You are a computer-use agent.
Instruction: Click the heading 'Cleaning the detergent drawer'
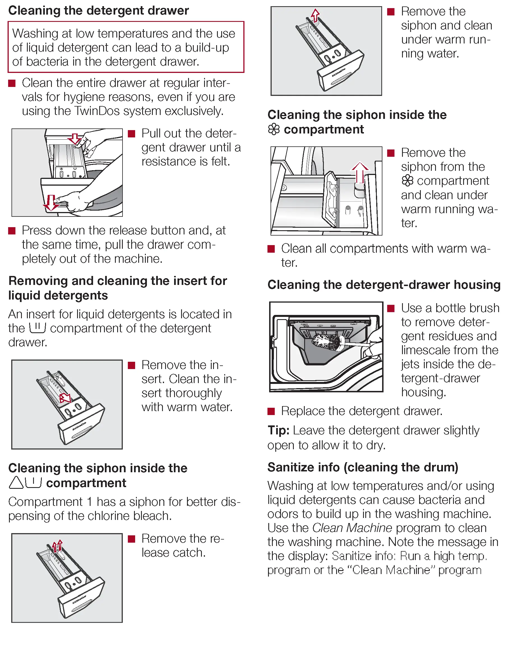pos(98,11)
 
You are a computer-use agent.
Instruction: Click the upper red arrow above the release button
pos(75,138)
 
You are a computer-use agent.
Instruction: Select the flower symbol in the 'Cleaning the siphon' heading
pos(274,129)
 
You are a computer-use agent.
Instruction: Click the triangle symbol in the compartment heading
pos(16,483)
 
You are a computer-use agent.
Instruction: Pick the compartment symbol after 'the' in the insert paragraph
pos(38,328)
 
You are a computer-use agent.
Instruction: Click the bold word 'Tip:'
pos(278,430)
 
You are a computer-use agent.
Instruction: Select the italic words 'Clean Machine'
pos(352,528)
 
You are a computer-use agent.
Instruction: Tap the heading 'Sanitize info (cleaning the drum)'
pos(362,467)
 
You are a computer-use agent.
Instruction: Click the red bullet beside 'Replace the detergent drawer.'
pos(271,411)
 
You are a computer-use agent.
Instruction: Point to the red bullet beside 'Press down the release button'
pos(12,231)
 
